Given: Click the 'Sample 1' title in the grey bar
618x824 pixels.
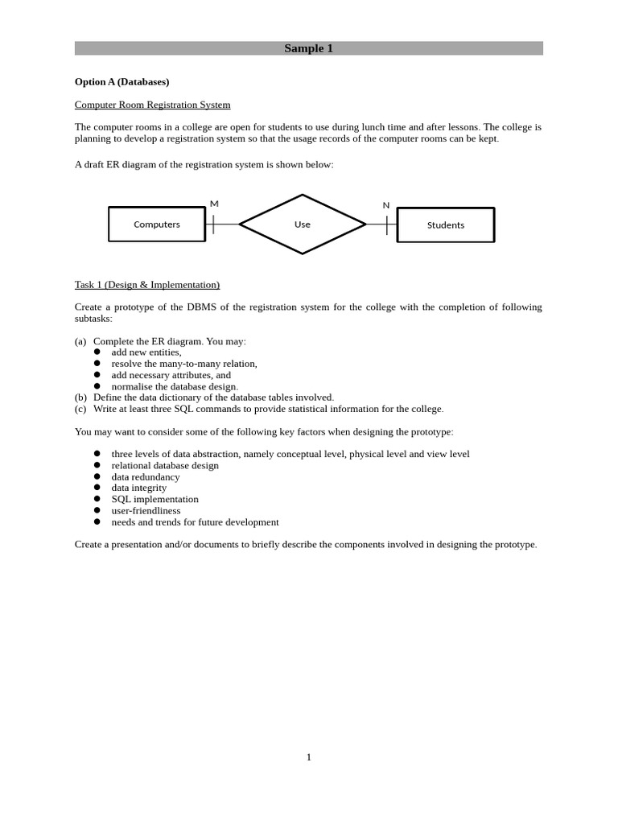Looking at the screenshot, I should point(308,48).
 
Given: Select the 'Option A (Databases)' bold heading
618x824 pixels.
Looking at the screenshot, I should point(122,82).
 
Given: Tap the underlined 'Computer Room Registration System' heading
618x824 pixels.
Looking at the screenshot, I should point(152,105).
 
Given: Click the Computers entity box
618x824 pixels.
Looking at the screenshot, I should point(157,225).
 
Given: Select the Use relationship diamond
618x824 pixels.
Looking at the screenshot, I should point(303,225).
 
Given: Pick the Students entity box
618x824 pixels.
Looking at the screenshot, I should point(446,225).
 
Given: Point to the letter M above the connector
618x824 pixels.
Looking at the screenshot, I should point(214,204).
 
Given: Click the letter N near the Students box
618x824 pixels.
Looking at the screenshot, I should point(386,205).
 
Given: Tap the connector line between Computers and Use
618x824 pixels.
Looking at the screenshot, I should point(225,225).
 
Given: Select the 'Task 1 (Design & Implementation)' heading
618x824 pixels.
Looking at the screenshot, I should point(147,285).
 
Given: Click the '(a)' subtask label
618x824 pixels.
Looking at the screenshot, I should point(80,341).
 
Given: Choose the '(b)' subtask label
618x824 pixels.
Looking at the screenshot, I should point(80,398).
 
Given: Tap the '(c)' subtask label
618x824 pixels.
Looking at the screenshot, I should point(80,409).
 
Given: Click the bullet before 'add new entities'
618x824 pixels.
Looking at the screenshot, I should point(97,352).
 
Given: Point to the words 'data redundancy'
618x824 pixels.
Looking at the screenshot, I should point(146,477).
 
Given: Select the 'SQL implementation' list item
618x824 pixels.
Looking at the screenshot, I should point(154,500).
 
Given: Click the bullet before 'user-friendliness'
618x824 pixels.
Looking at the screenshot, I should point(97,511).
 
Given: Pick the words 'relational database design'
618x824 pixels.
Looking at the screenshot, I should point(165,466).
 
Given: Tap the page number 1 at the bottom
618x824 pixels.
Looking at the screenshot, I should point(308,757).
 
